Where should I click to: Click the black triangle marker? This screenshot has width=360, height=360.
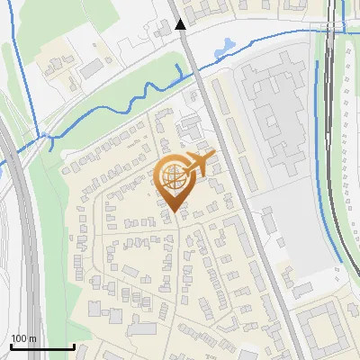click(182, 24)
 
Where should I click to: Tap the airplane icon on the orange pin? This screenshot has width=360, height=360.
click(201, 164)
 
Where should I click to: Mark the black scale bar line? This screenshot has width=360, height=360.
click(42, 346)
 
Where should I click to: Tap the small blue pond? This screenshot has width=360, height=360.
click(226, 44)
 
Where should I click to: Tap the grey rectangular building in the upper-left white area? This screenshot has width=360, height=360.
click(90, 68)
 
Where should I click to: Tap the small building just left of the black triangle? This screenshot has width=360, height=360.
click(162, 31)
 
